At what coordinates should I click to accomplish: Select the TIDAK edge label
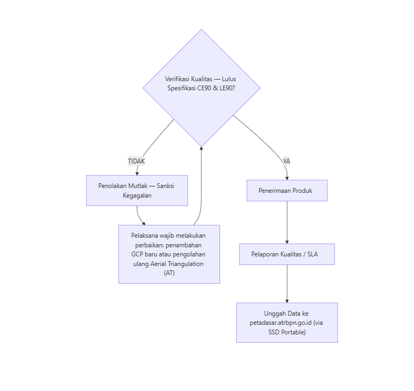(136, 161)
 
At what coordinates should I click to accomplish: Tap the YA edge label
(286, 161)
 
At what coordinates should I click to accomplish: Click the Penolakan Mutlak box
(137, 191)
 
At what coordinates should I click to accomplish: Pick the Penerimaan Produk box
(287, 191)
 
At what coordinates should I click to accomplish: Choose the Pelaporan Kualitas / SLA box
(287, 254)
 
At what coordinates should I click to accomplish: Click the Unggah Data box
(287, 323)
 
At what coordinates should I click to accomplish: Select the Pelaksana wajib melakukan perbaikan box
(169, 254)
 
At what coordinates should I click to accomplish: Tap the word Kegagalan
(137, 195)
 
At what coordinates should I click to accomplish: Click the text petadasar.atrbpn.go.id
(280, 323)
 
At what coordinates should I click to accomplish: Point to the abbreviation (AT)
(169, 273)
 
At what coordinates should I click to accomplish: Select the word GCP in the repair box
(137, 254)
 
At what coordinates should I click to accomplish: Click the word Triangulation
(187, 264)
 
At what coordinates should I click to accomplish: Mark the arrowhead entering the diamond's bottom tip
(201, 148)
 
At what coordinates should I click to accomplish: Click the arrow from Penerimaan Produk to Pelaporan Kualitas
(287, 222)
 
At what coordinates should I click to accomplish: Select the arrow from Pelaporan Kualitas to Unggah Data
(287, 284)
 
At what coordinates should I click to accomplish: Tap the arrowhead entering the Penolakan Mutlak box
(137, 174)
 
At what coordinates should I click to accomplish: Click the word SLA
(313, 254)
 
